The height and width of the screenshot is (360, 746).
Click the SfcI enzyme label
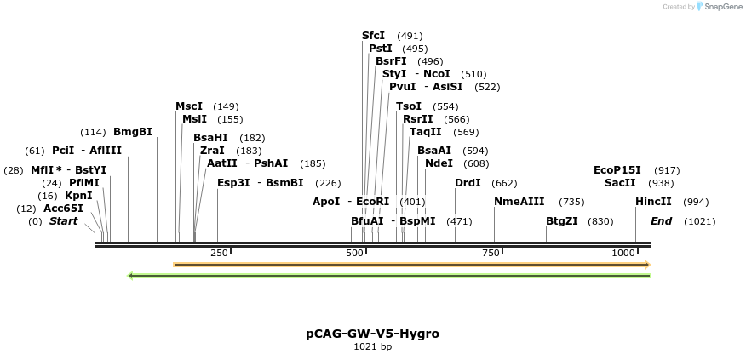click(x=373, y=36)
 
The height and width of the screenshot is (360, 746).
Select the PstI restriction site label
click(x=380, y=49)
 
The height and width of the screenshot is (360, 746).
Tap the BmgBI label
click(x=132, y=132)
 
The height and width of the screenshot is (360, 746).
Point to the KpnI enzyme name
click(x=78, y=196)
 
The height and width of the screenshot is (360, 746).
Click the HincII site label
click(x=653, y=202)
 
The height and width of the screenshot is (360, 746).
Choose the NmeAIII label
click(x=518, y=202)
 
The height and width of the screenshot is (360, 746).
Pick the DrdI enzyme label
click(x=468, y=183)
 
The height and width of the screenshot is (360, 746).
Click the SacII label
click(x=620, y=183)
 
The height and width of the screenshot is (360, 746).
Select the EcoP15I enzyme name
click(x=617, y=170)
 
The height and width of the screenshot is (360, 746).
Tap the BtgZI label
click(x=562, y=221)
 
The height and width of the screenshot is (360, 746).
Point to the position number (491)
click(x=410, y=36)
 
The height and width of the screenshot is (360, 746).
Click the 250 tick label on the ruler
click(x=219, y=253)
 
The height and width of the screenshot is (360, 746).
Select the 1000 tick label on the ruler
click(x=624, y=253)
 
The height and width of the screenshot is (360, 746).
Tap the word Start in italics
click(x=63, y=221)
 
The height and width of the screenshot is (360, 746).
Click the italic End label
click(x=662, y=221)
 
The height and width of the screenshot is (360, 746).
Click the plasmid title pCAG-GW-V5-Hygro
click(x=373, y=334)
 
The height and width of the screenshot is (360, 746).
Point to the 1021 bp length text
click(x=373, y=346)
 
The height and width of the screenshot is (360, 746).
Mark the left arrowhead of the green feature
click(x=129, y=276)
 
